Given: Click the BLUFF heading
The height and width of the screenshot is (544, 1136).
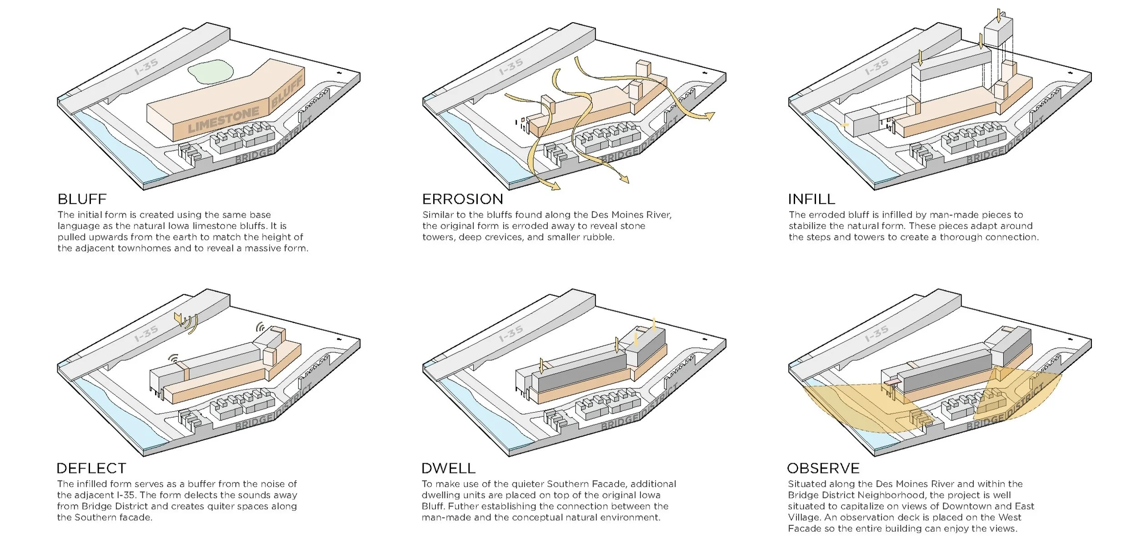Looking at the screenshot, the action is tap(82, 199).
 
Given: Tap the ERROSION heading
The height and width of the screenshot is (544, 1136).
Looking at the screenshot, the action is tap(462, 199).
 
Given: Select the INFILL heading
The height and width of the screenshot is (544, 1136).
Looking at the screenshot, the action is tap(811, 199).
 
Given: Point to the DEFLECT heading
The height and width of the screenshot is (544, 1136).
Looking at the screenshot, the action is tap(91, 468).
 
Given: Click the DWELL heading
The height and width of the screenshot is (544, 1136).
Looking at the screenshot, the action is tap(448, 468).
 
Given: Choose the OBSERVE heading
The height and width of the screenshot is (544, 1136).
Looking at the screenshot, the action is tap(823, 468).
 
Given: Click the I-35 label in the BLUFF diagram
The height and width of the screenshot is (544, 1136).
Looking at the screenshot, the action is tap(146, 67).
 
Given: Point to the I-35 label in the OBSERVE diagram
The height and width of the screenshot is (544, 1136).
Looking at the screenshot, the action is tap(876, 334).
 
